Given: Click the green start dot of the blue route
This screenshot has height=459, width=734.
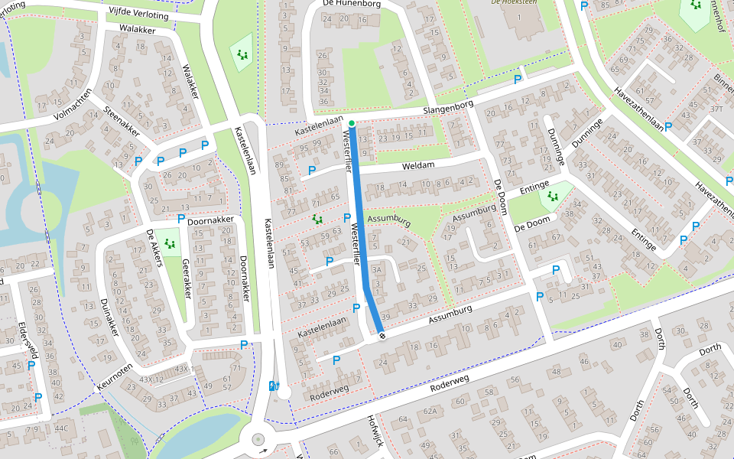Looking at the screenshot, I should [352, 123].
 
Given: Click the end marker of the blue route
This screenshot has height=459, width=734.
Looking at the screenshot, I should [381, 334].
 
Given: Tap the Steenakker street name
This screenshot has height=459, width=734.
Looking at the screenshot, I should [122, 122].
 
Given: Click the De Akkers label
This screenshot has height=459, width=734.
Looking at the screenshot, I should [154, 249].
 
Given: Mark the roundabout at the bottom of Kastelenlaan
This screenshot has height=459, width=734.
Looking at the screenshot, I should [258, 440].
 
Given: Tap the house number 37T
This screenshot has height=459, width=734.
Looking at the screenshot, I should [716, 109].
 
